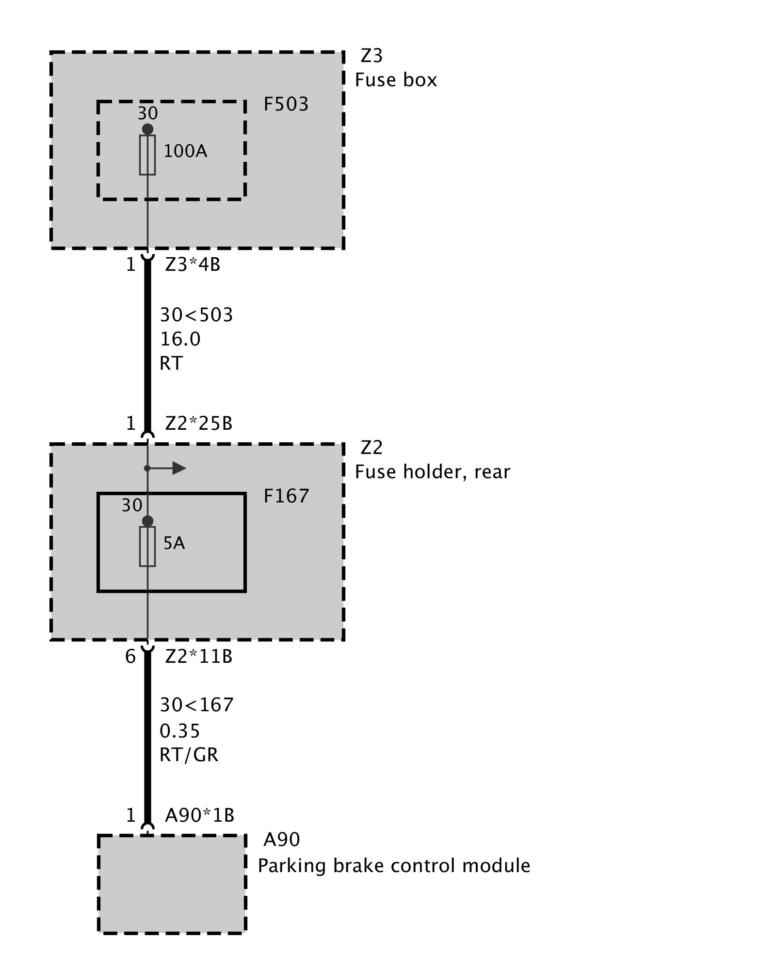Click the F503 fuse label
point(286,105)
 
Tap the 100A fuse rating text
point(185,152)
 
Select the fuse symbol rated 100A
point(147,155)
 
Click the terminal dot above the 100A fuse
point(147,129)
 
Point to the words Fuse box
point(396,80)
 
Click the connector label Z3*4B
point(193,265)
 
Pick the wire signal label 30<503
point(196,315)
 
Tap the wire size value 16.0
point(180,339)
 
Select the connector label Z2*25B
point(199,424)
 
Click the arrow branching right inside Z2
point(178,468)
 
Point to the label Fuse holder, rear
point(433,472)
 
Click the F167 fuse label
point(286,497)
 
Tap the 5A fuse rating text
point(174,544)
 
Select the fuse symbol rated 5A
point(147,547)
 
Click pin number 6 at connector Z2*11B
point(130,657)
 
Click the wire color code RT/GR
point(189,755)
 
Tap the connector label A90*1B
point(200,816)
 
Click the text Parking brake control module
point(394,865)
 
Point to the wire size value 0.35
point(180,731)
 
